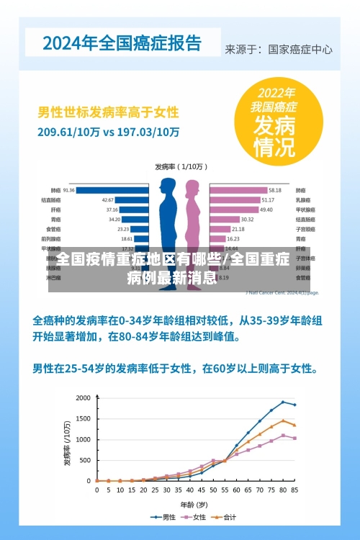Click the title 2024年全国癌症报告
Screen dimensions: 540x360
tap(122, 42)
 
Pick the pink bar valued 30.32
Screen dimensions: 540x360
tap(224, 219)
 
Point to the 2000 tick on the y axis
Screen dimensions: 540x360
tap(84, 397)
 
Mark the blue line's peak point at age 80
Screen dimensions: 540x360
tap(283, 402)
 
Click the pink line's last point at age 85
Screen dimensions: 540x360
tap(294, 438)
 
